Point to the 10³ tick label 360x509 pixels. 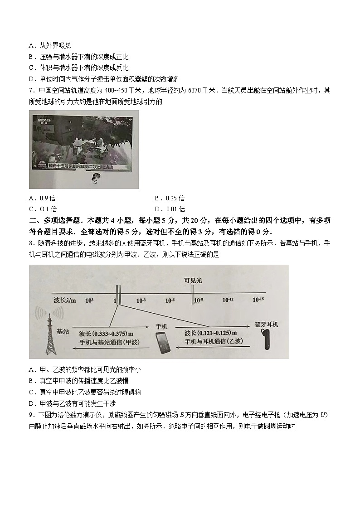(89, 300)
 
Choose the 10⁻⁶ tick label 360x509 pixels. (170, 300)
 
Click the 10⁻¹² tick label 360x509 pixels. (228, 300)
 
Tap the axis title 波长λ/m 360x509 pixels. (64, 301)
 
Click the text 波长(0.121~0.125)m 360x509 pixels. (209, 333)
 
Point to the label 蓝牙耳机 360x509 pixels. (267, 325)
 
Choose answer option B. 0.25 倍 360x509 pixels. (170, 198)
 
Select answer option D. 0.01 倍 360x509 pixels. (170, 209)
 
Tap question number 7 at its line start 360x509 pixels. (31, 91)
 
